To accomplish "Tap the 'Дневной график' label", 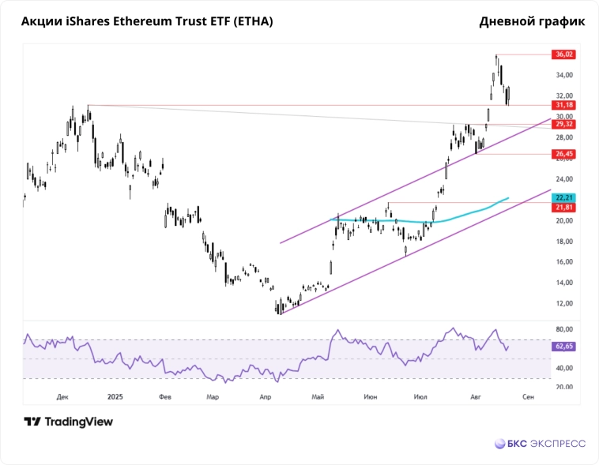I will pyautogui.click(x=532, y=21).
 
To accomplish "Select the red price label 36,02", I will pyautogui.click(x=564, y=54).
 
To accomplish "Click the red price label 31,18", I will pyautogui.click(x=564, y=104).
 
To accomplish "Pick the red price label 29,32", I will pyautogui.click(x=564, y=124).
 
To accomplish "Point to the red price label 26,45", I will pyautogui.click(x=564, y=154).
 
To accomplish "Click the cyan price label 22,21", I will pyautogui.click(x=564, y=197).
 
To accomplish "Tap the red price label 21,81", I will pyautogui.click(x=564, y=207).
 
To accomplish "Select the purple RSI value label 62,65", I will pyautogui.click(x=564, y=347).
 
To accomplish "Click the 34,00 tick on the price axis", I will pyautogui.click(x=564, y=75).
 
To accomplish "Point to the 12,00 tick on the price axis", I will pyautogui.click(x=564, y=303).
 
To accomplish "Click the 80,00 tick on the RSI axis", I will pyautogui.click(x=564, y=329).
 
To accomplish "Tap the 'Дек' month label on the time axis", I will pyautogui.click(x=63, y=397).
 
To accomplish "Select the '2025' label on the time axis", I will pyautogui.click(x=115, y=397).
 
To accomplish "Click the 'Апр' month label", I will pyautogui.click(x=266, y=397).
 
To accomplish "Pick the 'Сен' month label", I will pyautogui.click(x=528, y=397).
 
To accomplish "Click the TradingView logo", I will pyautogui.click(x=68, y=422).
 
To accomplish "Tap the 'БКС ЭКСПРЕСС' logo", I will pyautogui.click(x=540, y=444).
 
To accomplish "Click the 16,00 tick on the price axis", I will pyautogui.click(x=564, y=262).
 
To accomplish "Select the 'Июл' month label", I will pyautogui.click(x=420, y=397).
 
